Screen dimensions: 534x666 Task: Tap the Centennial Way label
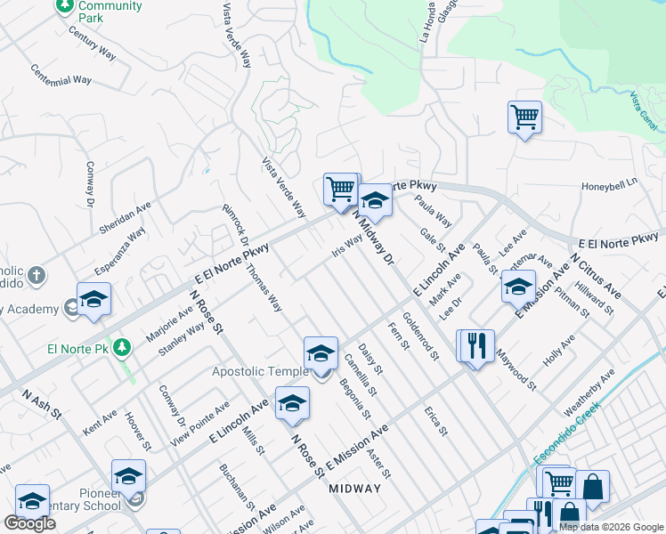coord(61,74)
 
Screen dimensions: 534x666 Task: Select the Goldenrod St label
coord(420,336)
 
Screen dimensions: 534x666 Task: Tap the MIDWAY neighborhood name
coord(354,489)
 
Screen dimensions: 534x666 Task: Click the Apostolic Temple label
coord(259,371)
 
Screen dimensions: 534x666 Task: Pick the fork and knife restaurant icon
coord(475,345)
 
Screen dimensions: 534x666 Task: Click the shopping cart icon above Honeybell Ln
coord(524,117)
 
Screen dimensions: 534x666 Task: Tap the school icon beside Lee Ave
coord(518,287)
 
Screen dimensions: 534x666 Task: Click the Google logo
coord(29,523)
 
